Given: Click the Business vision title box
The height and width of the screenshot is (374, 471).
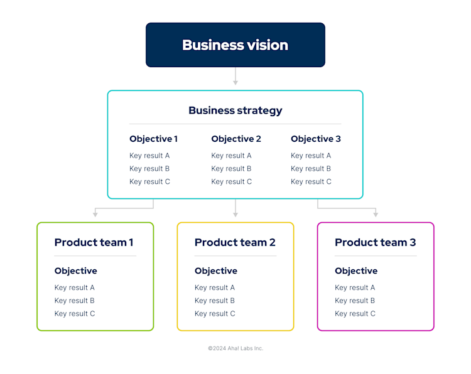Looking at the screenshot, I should pyautogui.click(x=235, y=45).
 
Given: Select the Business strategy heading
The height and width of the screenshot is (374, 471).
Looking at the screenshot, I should pyautogui.click(x=235, y=110).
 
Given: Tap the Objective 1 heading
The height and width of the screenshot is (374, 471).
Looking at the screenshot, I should pyautogui.click(x=153, y=139).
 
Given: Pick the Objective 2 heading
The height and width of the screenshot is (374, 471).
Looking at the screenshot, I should pyautogui.click(x=236, y=139).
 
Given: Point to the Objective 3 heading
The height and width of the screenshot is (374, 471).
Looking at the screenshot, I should pyautogui.click(x=316, y=139).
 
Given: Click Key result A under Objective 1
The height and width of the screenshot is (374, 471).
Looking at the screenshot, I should pyautogui.click(x=149, y=156).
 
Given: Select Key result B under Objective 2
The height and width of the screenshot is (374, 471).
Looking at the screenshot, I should pyautogui.click(x=231, y=169).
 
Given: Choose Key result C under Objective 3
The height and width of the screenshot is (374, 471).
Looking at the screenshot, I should pyautogui.click(x=311, y=182).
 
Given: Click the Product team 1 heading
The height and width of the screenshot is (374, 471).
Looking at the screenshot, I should pyautogui.click(x=94, y=242).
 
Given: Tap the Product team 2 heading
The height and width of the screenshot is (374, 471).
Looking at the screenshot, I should pyautogui.click(x=235, y=242).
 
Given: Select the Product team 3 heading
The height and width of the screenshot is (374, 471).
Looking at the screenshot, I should pyautogui.click(x=375, y=242).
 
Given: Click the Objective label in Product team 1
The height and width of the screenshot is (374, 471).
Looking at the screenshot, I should pyautogui.click(x=76, y=271).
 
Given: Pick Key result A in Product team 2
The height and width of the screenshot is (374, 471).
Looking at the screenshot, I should pyautogui.click(x=215, y=288).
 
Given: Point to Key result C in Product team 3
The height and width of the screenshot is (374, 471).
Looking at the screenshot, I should pyautogui.click(x=355, y=314).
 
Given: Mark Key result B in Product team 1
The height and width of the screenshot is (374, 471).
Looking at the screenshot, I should pyautogui.click(x=75, y=301).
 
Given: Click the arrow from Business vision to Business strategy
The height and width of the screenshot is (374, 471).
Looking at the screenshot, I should pyautogui.click(x=235, y=76).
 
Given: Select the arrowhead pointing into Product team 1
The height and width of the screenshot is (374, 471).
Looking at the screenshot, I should pyautogui.click(x=95, y=214).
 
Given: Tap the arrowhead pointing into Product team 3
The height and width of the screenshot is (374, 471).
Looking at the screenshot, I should pyautogui.click(x=376, y=214).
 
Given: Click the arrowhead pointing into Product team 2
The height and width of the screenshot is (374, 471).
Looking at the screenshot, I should pyautogui.click(x=235, y=214).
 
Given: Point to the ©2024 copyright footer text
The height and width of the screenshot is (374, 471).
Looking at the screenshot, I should pyautogui.click(x=235, y=348).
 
